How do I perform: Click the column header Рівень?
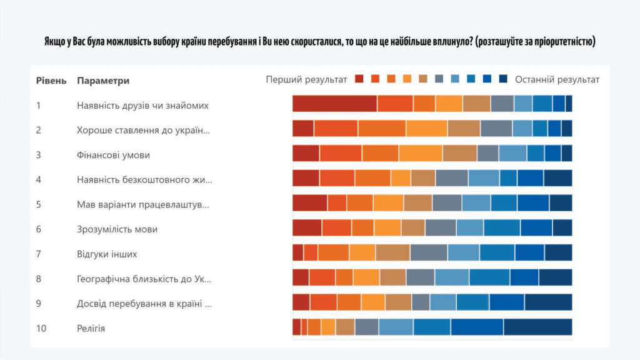(51, 81)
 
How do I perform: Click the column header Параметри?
(103, 81)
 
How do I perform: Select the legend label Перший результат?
(306, 79)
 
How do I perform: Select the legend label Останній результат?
(557, 79)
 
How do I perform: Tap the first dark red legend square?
(359, 79)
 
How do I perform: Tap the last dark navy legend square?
(503, 79)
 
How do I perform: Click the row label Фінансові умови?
(113, 154)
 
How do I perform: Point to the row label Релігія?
(91, 327)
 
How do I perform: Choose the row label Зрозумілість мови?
(117, 229)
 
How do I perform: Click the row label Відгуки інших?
(107, 254)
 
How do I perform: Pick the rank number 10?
(41, 327)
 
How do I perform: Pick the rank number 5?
(39, 204)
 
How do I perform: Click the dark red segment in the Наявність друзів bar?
(334, 104)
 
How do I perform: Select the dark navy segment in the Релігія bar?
(537, 327)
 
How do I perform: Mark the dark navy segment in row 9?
(548, 302)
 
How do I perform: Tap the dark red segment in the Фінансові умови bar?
(306, 153)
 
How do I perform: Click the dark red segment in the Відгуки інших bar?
(297, 252)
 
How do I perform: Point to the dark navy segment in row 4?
(557, 178)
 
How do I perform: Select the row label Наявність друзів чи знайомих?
(142, 105)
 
